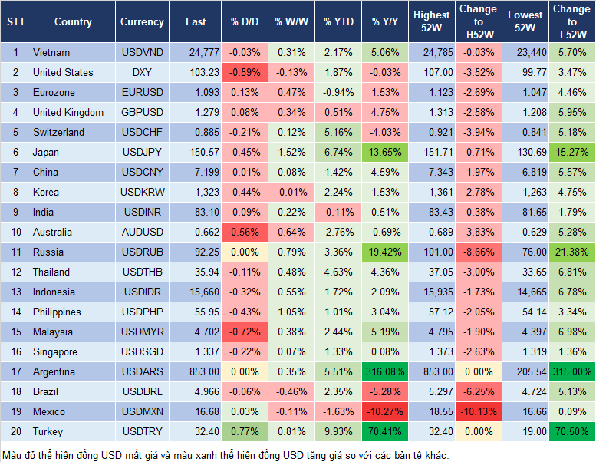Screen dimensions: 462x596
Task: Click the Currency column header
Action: [142, 22]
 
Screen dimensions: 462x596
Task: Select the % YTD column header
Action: [338, 22]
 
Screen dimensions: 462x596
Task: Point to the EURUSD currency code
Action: [142, 92]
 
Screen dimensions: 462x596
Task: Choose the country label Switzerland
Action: [58, 132]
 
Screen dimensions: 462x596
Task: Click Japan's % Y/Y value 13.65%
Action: [386, 152]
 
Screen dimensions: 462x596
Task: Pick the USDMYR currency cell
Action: [142, 332]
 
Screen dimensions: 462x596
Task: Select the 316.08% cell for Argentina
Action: [386, 371]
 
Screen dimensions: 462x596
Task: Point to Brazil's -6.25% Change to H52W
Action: [478, 391]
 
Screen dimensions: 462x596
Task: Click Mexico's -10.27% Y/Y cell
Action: [386, 411]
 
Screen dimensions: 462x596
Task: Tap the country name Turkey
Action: [48, 431]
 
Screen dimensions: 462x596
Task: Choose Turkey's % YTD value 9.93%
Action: [338, 431]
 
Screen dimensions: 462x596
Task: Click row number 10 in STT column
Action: [15, 232]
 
